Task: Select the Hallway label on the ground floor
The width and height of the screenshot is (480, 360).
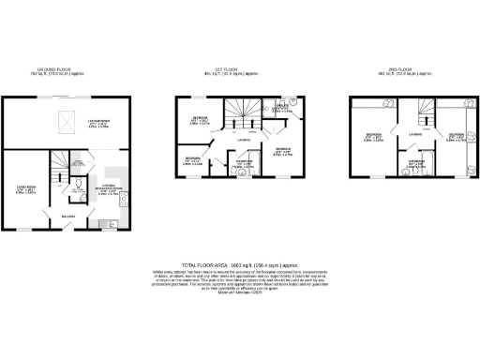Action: pyautogui.click(x=68, y=216)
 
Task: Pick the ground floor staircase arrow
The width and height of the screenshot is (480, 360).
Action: pyautogui.click(x=58, y=169)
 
